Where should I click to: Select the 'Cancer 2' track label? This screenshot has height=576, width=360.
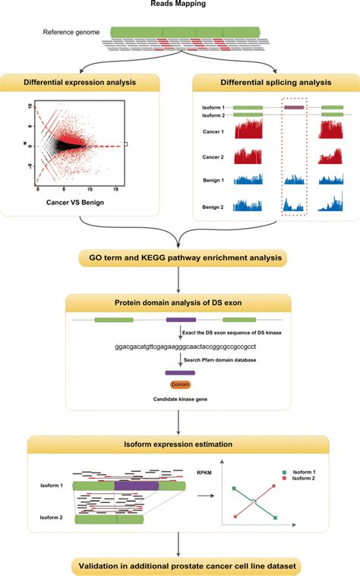point(216,155)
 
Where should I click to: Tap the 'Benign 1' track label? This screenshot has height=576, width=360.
point(216,180)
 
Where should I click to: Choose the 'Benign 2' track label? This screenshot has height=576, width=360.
point(216,206)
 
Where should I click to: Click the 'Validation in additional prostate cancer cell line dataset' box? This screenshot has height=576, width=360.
point(181,565)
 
